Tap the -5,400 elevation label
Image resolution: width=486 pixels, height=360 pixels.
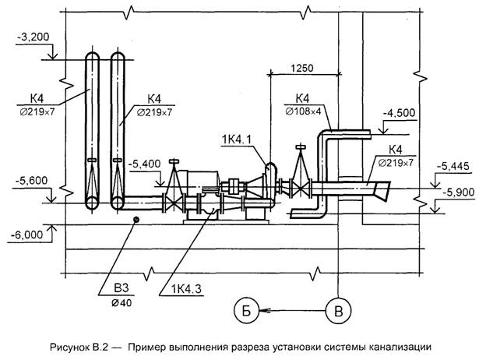(146, 164)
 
